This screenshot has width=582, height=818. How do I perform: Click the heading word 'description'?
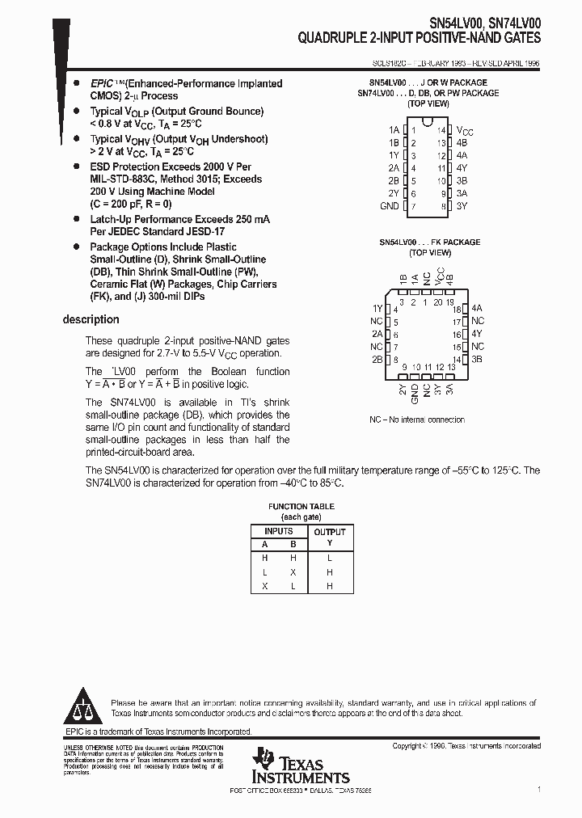click(91, 319)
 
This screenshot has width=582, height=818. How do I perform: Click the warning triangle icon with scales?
click(83, 708)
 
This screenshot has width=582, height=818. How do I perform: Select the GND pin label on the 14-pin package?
click(390, 206)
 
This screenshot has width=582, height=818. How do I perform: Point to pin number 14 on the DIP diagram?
click(441, 130)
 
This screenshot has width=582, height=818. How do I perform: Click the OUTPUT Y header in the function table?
click(329, 538)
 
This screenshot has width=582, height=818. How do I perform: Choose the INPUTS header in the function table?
click(279, 531)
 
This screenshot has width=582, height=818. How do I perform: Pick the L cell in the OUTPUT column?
click(330, 558)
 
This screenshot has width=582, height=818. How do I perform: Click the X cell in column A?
click(265, 586)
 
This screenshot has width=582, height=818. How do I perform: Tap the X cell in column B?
click(293, 571)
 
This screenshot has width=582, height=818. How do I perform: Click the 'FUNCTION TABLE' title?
click(301, 507)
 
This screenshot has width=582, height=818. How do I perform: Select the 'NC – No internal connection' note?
click(417, 420)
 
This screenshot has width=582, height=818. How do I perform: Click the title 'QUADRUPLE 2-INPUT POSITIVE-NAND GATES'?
click(420, 38)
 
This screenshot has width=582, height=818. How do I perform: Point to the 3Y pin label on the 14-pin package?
click(462, 206)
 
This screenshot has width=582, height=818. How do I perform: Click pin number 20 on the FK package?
click(436, 302)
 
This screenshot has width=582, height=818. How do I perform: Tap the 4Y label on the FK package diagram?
click(477, 334)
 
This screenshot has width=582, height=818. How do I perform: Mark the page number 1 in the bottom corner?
click(538, 787)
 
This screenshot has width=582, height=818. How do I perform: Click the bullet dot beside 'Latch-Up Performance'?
click(76, 220)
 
